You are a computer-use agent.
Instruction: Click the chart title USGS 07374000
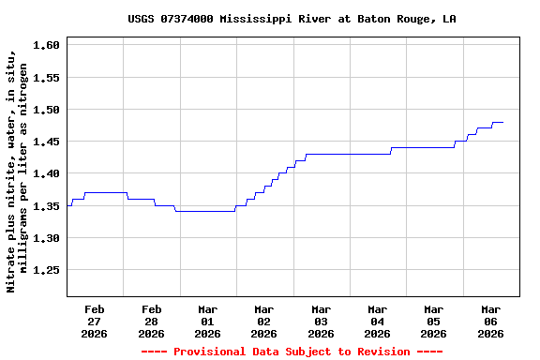[292, 19]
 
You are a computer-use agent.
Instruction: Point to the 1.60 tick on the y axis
[46, 45]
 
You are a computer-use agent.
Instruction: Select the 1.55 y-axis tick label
[46, 78]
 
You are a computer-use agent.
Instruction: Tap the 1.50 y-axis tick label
[46, 110]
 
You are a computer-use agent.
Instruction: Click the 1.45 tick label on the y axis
[46, 142]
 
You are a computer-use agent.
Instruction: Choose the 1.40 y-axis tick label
[46, 173]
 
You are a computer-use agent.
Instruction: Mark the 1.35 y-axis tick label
[46, 206]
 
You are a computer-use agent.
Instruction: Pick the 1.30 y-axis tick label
[46, 238]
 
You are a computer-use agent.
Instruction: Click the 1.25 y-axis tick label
[46, 270]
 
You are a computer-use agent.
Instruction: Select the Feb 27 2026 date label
[95, 321]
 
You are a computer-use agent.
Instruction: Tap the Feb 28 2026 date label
[151, 321]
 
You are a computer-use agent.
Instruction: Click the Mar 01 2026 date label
[207, 321]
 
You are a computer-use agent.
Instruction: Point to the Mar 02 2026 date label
[264, 321]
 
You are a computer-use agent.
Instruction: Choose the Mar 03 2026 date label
[321, 321]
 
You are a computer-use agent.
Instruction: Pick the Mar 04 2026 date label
[377, 321]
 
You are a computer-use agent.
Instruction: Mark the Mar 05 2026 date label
[433, 321]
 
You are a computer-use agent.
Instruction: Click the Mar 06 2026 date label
[490, 321]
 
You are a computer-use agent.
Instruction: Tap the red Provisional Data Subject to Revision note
[292, 352]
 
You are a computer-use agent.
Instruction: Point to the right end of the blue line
[503, 122]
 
